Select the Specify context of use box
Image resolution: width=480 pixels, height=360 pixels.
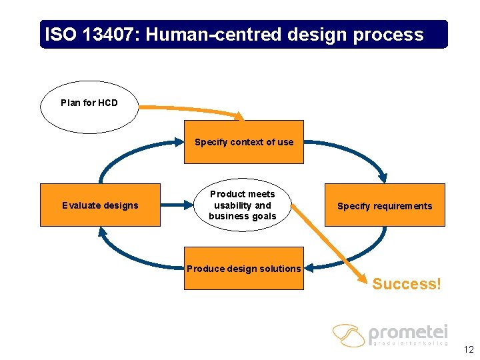click(x=244, y=142)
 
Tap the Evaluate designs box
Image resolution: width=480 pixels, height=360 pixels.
click(x=100, y=205)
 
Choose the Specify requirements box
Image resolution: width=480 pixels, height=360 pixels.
click(x=385, y=206)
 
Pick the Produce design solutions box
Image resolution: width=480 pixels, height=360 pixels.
click(x=244, y=269)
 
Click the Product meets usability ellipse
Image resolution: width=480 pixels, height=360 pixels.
click(x=242, y=205)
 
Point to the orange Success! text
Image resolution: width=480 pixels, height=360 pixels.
click(x=407, y=284)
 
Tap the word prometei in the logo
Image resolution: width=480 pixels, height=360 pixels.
click(x=408, y=333)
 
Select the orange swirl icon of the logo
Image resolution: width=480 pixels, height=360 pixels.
click(x=349, y=335)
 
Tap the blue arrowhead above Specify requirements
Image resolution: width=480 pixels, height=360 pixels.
click(x=383, y=177)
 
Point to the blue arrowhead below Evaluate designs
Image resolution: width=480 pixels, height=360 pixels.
click(x=101, y=231)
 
